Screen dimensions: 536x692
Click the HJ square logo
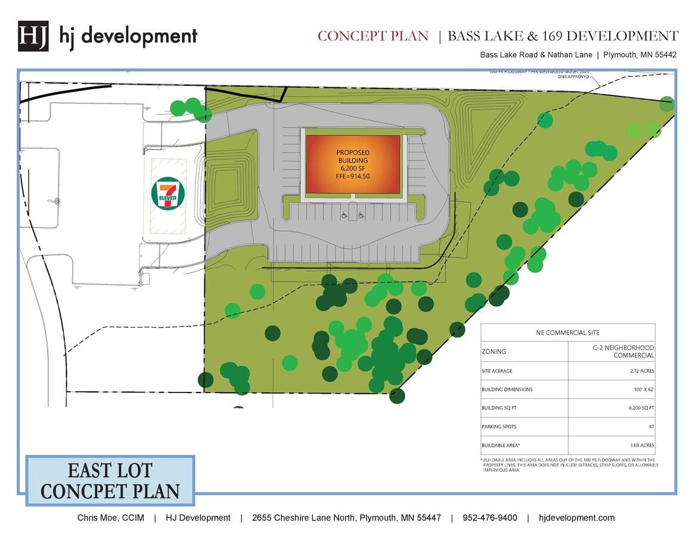pos(33,36)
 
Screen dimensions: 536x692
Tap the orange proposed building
pos(352,164)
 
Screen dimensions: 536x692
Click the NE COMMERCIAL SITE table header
pos(567,332)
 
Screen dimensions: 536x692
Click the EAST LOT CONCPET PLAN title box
pos(110,481)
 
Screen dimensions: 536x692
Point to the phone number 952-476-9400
pos(489,518)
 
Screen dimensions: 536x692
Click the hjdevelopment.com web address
pos(576,518)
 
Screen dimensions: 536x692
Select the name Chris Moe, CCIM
pos(110,518)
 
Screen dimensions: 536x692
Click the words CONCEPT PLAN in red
pos(373,36)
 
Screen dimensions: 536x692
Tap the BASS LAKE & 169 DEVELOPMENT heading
pos(563,36)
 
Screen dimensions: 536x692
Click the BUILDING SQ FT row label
pos(503,408)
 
